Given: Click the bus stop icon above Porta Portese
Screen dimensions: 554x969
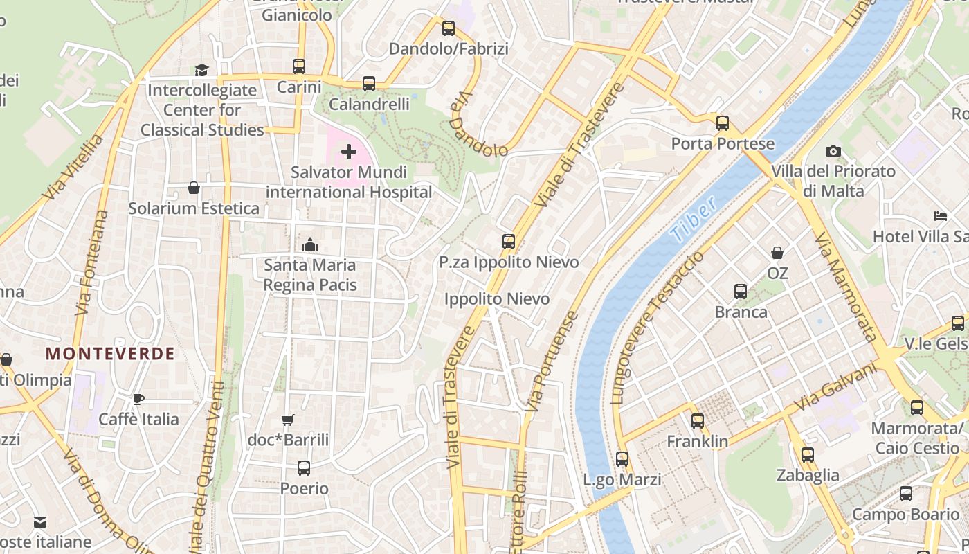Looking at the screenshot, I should click(723, 123).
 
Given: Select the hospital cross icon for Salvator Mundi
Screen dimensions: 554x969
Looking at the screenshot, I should click(349, 152).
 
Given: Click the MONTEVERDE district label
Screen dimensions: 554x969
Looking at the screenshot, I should click(110, 354).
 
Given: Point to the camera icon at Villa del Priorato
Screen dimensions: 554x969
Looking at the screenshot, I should click(833, 151).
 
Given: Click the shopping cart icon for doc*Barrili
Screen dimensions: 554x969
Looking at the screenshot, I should click(288, 420).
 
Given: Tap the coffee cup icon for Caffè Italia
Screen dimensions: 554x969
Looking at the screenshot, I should click(138, 399).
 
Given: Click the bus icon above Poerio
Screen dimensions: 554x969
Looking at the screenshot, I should click(304, 468).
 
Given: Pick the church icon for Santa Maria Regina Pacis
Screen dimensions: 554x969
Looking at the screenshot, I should click(310, 244).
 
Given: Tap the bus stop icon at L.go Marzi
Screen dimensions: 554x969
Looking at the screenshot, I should click(622, 459).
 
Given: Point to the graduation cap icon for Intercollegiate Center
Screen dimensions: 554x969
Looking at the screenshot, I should click(201, 70).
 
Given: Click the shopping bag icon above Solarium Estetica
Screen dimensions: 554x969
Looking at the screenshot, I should click(194, 188).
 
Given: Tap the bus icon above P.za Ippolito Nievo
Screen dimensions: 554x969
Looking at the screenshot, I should click(509, 242).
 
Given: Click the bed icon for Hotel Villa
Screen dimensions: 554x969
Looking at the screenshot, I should click(940, 216).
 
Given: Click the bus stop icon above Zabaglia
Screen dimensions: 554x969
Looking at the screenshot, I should click(808, 455).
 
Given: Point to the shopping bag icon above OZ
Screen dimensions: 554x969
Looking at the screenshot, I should click(777, 253).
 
